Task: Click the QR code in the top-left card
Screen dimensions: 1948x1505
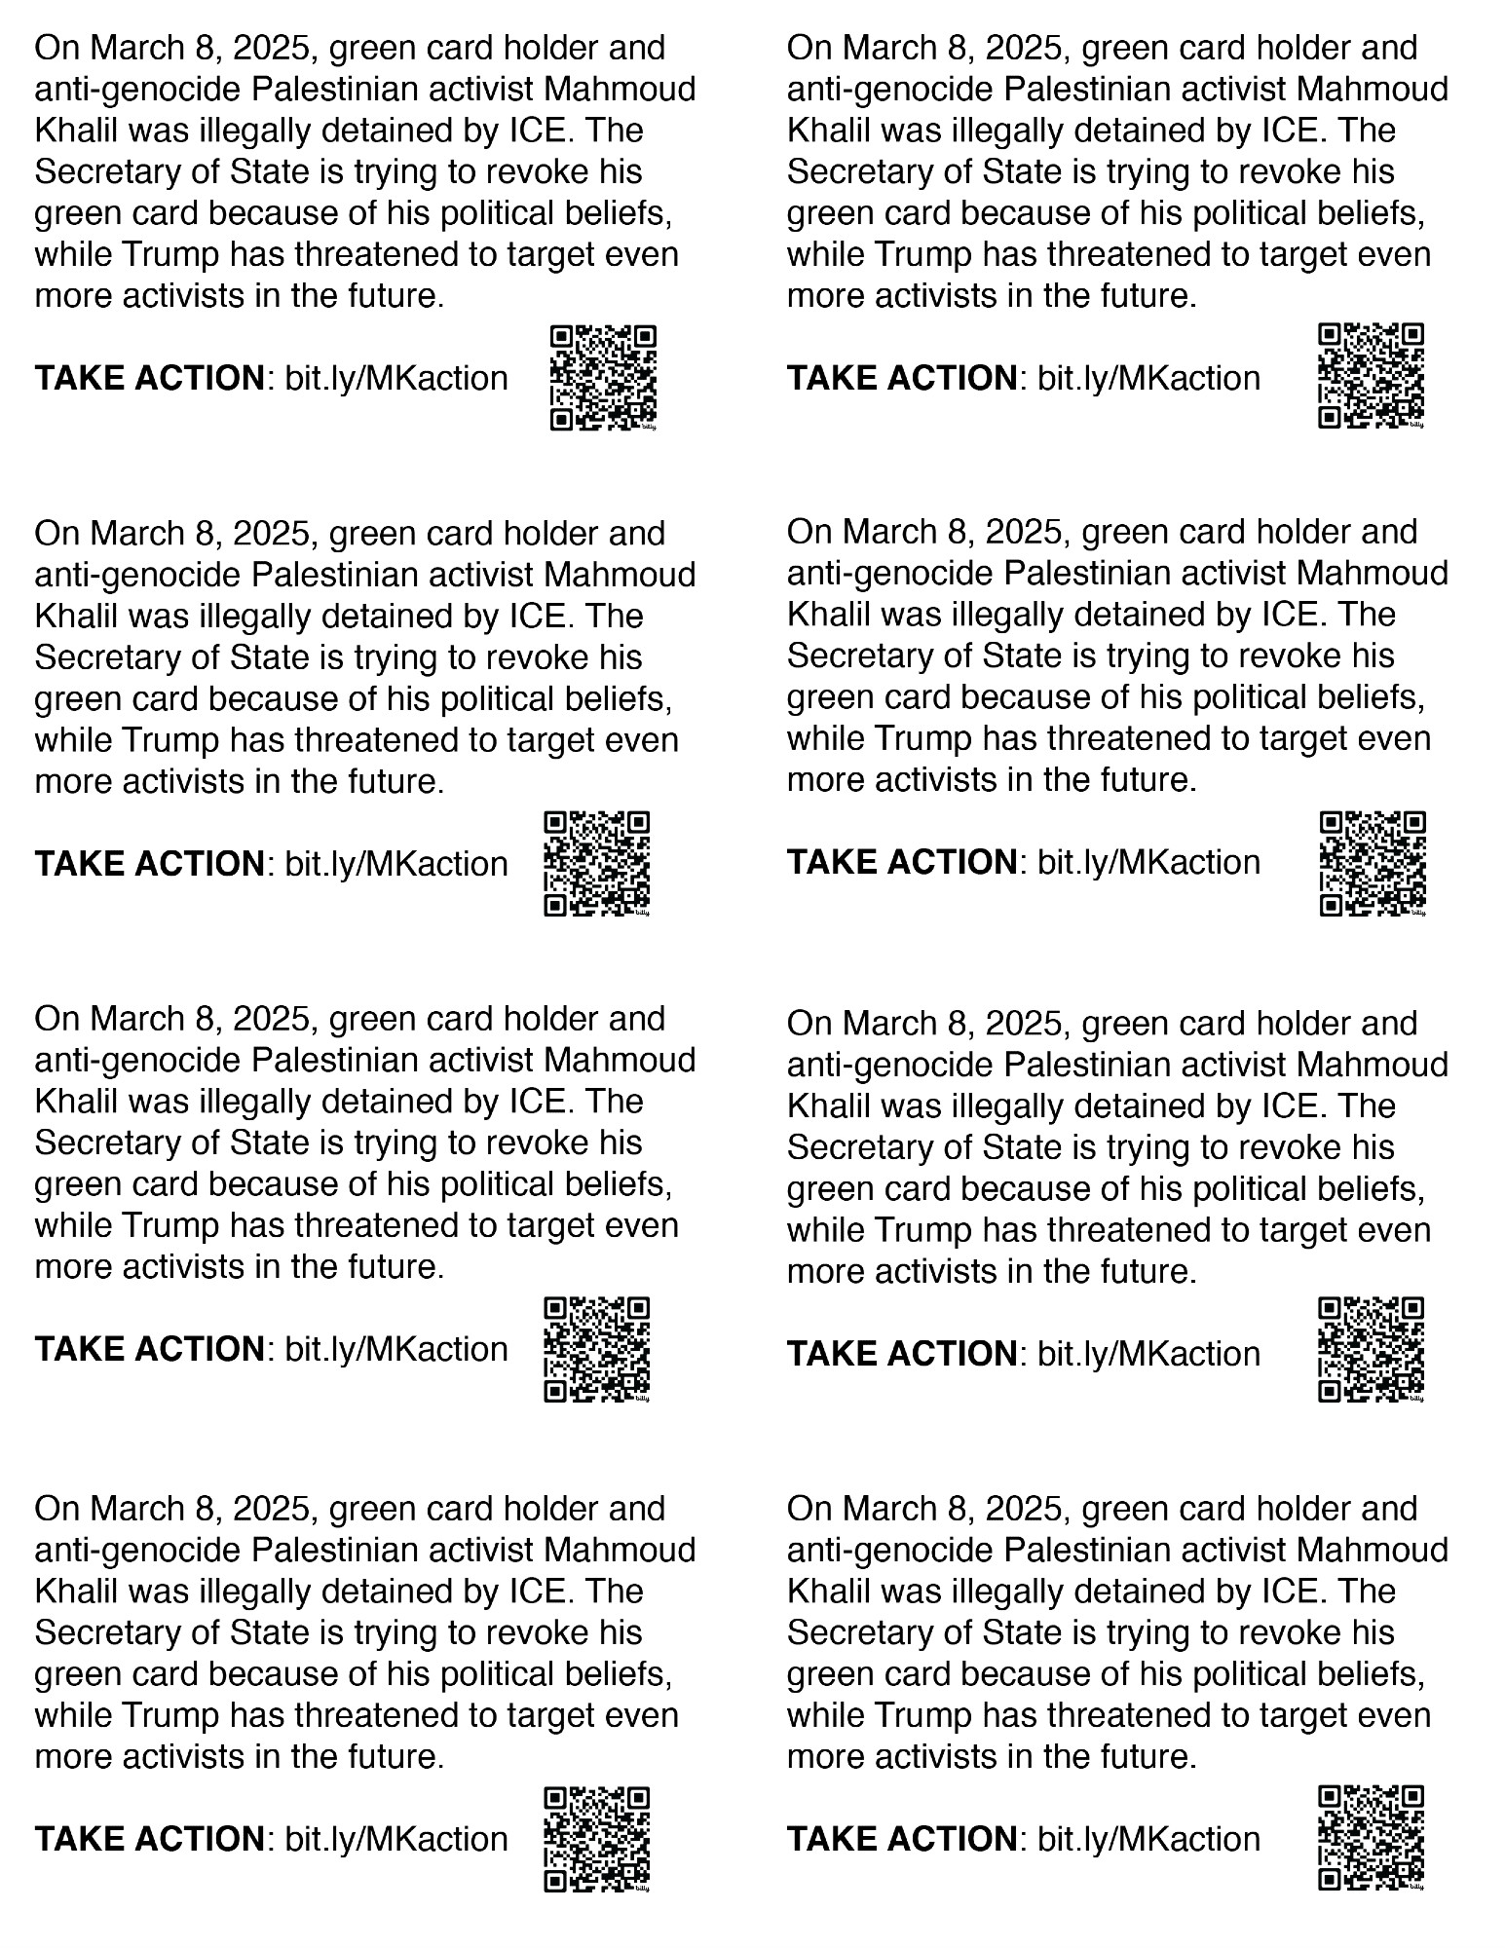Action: (x=603, y=377)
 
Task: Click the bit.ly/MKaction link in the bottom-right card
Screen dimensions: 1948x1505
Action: (x=1148, y=1839)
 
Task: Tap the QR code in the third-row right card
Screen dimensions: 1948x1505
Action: (x=1372, y=1349)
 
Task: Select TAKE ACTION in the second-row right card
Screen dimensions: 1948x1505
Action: (x=901, y=862)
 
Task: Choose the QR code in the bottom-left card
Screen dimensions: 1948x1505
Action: (x=596, y=1839)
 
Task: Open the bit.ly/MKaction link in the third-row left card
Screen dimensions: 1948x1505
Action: (x=396, y=1349)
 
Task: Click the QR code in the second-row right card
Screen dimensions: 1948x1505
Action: (x=1373, y=864)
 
